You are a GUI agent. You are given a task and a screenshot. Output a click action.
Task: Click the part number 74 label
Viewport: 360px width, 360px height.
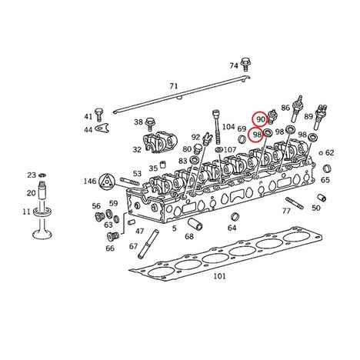(234, 66)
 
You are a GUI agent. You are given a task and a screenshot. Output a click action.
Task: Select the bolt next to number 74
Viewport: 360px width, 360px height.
(245, 64)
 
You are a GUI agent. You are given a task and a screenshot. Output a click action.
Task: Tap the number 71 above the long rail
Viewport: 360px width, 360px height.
(174, 86)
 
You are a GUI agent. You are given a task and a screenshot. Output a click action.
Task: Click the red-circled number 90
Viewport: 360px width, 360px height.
(261, 119)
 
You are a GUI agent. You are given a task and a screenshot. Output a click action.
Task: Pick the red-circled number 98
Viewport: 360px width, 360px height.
(257, 135)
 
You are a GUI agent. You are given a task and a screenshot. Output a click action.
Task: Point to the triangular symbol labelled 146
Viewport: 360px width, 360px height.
(106, 182)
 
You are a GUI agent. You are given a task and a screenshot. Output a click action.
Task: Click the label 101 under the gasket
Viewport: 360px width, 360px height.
(220, 276)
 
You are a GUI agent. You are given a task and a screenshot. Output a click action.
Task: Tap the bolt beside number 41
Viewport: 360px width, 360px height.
(98, 115)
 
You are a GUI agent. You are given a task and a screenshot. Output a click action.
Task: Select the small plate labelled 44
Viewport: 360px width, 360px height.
(102, 128)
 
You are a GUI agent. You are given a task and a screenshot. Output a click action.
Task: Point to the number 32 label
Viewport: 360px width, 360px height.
(137, 149)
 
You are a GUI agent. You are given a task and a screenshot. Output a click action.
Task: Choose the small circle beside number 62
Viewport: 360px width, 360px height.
(321, 153)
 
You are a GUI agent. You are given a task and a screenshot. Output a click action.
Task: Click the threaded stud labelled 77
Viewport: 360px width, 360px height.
(295, 203)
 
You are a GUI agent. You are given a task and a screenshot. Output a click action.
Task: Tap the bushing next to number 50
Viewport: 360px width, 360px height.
(322, 198)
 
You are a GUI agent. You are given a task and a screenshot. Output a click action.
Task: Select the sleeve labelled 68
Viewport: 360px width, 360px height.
(196, 225)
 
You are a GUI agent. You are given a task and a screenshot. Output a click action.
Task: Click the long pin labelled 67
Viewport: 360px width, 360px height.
(148, 244)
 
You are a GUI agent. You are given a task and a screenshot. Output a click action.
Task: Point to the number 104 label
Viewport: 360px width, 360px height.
(228, 127)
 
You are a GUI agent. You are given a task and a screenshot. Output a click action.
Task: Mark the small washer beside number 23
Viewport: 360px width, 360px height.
(42, 175)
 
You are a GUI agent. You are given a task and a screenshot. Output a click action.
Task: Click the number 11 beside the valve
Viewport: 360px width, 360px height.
(26, 212)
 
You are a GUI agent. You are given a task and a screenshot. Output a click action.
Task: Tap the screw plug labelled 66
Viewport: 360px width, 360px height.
(112, 236)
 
